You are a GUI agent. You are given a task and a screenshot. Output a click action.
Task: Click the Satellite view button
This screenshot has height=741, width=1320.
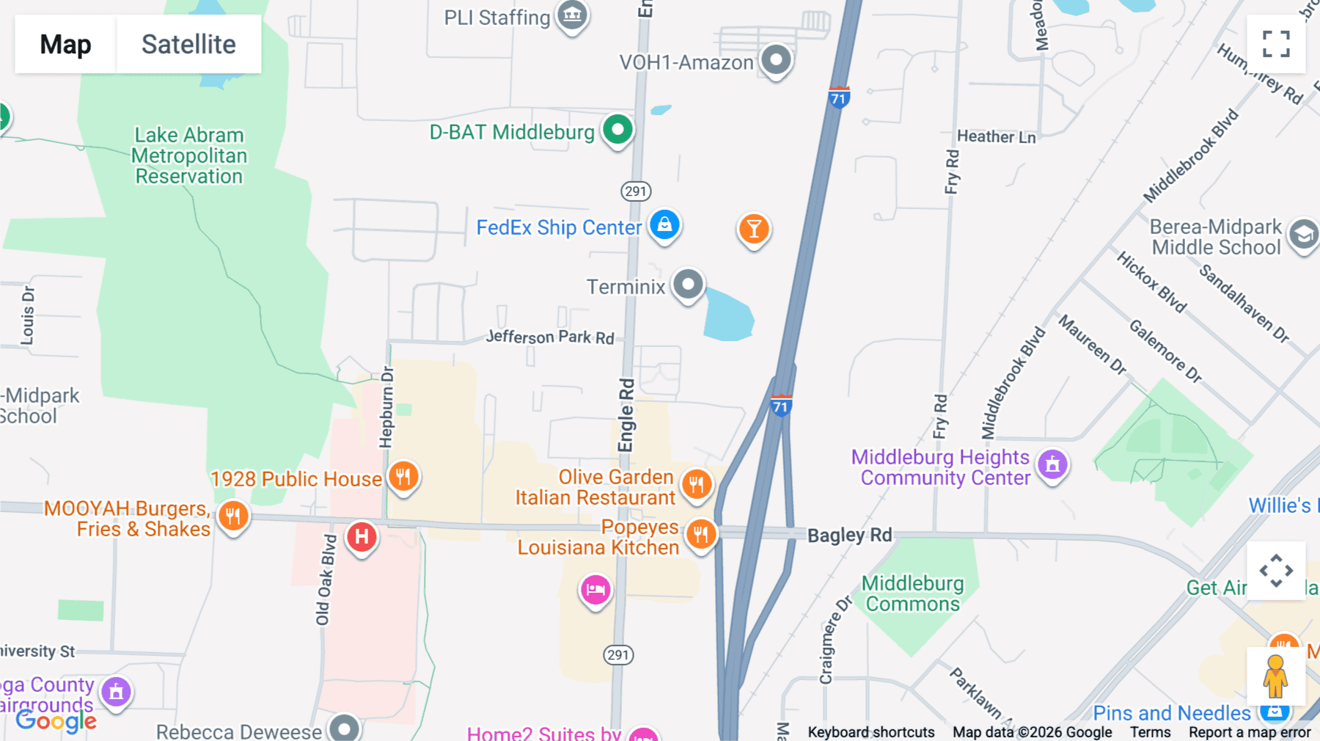click(188, 44)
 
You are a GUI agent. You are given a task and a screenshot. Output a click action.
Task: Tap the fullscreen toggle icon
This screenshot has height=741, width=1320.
click(1276, 44)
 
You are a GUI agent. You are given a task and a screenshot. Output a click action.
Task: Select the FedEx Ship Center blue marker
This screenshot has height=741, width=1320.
click(664, 225)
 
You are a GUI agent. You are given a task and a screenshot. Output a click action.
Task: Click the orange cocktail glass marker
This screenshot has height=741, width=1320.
click(753, 230)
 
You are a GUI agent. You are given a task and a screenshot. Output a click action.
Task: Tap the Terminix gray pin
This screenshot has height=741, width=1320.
click(688, 285)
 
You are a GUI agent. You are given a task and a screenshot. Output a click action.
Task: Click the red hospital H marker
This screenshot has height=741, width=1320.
click(362, 538)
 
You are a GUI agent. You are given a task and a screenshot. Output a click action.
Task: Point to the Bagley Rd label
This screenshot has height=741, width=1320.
click(849, 535)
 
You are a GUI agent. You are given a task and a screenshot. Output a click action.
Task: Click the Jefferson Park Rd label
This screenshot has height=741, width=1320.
click(550, 337)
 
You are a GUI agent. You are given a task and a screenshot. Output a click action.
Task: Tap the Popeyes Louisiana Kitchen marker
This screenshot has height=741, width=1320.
click(700, 535)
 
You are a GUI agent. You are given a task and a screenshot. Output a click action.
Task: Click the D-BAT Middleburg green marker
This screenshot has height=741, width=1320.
click(617, 131)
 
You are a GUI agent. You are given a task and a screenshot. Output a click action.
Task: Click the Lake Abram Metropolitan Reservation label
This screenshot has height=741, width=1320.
click(189, 156)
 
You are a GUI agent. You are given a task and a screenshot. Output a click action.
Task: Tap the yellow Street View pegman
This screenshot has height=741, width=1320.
click(1275, 676)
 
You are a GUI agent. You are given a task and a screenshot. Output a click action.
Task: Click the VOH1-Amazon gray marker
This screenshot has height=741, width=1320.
click(776, 59)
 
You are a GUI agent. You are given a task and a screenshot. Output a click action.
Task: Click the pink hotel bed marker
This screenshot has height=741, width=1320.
click(595, 590)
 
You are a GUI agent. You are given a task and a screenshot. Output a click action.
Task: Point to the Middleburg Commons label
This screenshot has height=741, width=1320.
click(912, 594)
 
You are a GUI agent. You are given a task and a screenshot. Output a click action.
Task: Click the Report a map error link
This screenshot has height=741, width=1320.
click(1249, 731)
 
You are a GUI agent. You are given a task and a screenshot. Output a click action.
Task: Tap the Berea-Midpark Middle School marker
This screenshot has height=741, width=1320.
click(1303, 235)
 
